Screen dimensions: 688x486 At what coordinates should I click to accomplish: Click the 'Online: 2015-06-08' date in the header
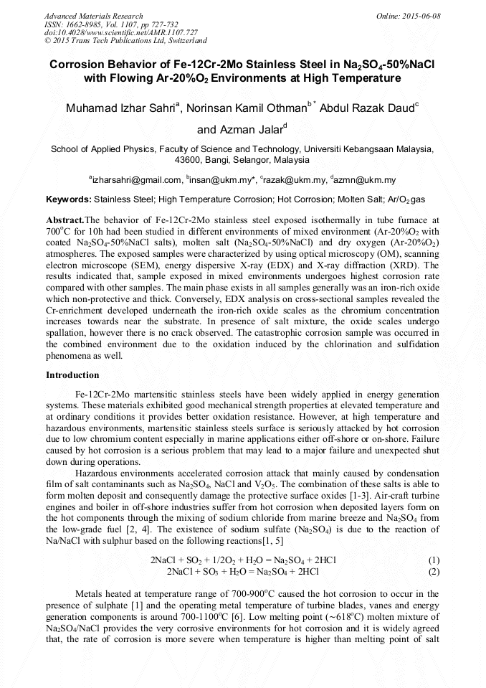(x=408, y=16)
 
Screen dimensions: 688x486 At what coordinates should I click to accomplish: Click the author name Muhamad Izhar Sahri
(x=120, y=109)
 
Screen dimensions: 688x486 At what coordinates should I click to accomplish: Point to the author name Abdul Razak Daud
(x=366, y=109)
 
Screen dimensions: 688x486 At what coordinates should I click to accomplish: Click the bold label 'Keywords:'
(x=69, y=199)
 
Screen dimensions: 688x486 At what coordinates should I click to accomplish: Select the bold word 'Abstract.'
(x=65, y=219)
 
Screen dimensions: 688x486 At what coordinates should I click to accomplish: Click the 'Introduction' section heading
(x=72, y=375)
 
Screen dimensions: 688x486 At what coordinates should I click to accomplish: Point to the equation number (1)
(x=433, y=560)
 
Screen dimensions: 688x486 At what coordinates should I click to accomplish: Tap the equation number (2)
(x=433, y=572)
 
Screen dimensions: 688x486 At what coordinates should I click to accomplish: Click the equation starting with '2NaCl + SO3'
(x=242, y=572)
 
